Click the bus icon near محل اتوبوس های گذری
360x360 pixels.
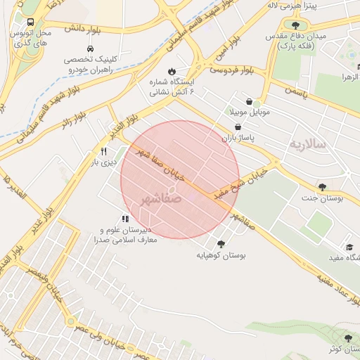32,22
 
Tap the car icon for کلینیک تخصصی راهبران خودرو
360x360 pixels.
91,49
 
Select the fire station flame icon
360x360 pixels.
171,71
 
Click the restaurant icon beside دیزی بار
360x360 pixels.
104,151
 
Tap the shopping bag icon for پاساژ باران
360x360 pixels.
240,127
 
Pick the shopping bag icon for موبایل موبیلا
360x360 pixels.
250,101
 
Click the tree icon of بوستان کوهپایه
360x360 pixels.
221,244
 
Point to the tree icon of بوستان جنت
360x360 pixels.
322,186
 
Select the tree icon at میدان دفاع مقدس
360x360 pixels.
295,25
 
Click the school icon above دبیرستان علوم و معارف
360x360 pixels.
125,219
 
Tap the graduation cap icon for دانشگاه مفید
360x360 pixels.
349,247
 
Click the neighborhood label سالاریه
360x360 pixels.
307,144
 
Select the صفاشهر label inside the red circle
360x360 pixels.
161,199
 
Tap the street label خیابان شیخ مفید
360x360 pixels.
243,184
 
